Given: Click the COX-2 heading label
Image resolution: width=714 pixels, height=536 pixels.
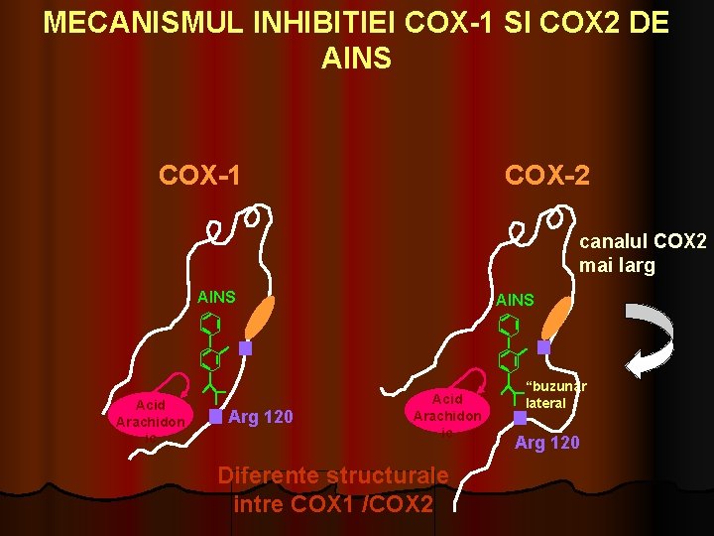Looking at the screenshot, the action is click(x=546, y=175).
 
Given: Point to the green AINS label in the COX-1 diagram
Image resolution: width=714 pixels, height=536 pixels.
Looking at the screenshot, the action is click(x=217, y=296).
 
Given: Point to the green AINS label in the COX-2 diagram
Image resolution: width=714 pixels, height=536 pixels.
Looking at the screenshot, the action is click(x=515, y=299).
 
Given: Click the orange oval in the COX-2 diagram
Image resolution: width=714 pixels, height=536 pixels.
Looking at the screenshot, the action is click(x=558, y=317).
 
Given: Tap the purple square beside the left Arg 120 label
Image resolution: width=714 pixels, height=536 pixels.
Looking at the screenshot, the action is click(x=215, y=417).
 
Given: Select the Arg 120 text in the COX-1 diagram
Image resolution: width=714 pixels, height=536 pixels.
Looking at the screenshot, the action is click(x=261, y=417).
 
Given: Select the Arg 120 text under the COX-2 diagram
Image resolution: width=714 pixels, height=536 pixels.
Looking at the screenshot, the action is click(x=547, y=442).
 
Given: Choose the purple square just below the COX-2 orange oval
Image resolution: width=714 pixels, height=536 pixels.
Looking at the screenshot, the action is click(x=543, y=348).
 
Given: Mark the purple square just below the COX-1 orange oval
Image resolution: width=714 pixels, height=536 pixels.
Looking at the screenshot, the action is click(x=246, y=348).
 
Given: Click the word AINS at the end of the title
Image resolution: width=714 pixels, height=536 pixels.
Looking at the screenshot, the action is click(x=356, y=59).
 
